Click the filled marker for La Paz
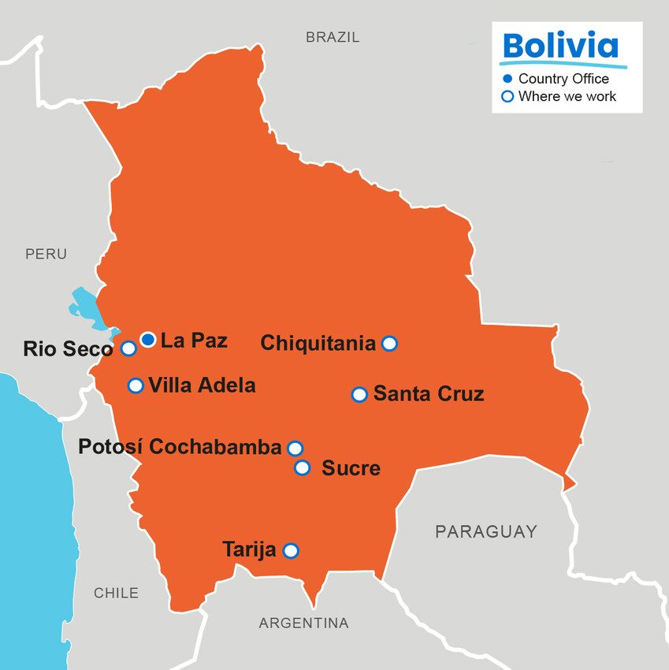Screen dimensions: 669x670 pos(148,340)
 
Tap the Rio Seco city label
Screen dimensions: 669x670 pos(68,349)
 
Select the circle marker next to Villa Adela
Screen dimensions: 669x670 pos(136,385)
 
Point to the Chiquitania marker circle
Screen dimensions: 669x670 pos(389,343)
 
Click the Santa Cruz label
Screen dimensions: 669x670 pos(429,394)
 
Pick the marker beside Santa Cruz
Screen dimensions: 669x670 pos(359,394)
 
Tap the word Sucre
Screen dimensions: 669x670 pos(351,469)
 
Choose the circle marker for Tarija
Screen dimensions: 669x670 pos(291,550)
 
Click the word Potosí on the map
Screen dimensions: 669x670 pos(110,447)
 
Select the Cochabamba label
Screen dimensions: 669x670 pos(215,447)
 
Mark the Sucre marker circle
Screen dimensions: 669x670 pos(303,467)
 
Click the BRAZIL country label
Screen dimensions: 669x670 pos(333,37)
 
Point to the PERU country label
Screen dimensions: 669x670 pos(46,254)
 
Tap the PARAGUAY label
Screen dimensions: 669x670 pos(486,532)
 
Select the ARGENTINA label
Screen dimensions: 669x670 pos(303,623)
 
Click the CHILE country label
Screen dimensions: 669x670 pos(116,593)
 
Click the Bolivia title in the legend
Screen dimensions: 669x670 pos(559,45)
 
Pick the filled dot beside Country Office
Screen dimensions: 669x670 pos(507,79)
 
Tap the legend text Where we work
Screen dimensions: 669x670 pos(567,96)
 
